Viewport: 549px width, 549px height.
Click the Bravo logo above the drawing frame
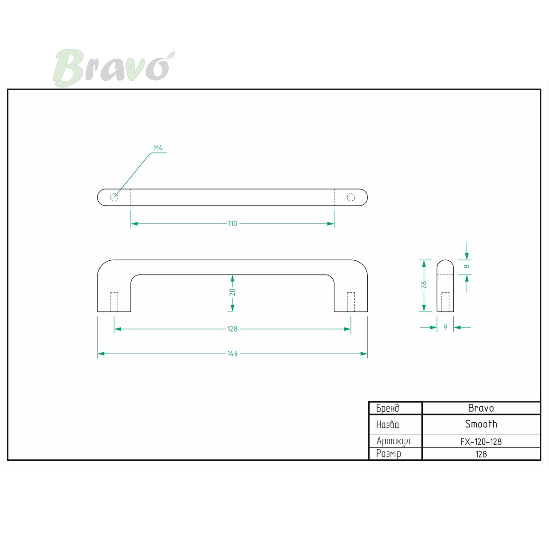tap(114, 68)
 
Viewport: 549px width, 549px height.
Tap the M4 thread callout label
tap(158, 148)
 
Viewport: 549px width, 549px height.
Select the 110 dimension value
tap(232, 224)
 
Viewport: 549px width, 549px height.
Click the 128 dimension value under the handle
tap(232, 329)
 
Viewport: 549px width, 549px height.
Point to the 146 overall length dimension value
tap(232, 354)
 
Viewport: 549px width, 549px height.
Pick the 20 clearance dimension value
tap(232, 292)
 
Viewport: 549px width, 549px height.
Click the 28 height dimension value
tap(424, 285)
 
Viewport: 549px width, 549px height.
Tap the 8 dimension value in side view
tap(466, 266)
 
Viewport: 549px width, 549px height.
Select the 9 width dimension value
tap(445, 328)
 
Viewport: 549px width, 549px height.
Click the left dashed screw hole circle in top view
tap(114, 197)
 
